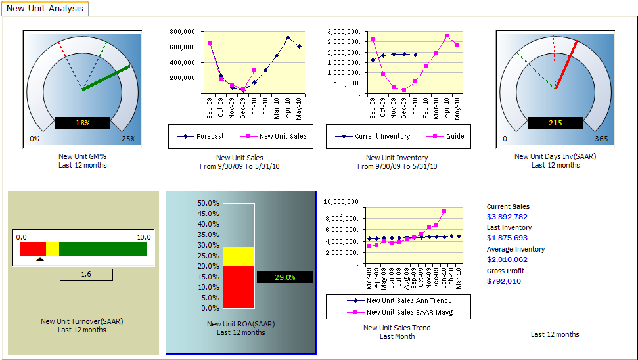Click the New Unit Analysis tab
(x=45, y=9)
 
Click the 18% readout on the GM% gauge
(x=82, y=123)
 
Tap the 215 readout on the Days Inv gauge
(x=555, y=123)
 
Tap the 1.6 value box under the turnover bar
(x=86, y=275)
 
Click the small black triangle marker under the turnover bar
(x=40, y=259)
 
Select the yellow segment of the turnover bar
(x=53, y=249)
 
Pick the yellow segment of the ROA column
(x=239, y=256)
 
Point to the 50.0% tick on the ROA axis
(x=208, y=204)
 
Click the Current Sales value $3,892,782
(x=507, y=217)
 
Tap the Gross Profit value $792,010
(x=504, y=281)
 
